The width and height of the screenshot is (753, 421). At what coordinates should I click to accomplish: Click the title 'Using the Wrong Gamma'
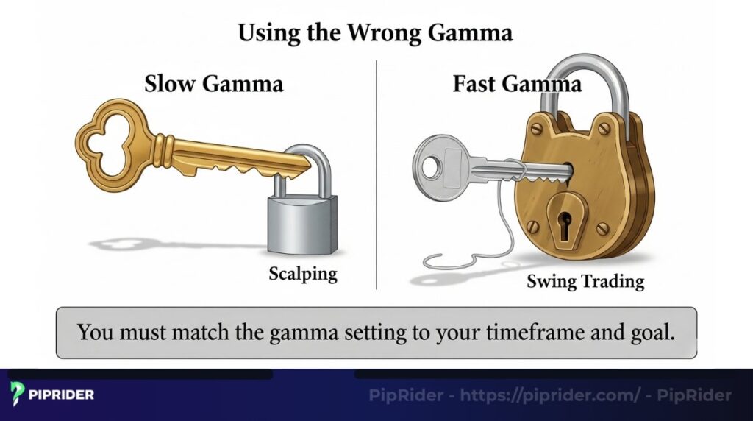[x=375, y=33]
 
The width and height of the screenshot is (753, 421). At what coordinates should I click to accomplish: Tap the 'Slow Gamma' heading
[x=213, y=83]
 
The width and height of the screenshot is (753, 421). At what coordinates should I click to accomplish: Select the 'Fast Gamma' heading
[x=516, y=83]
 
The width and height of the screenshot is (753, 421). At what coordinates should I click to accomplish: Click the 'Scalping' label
[x=302, y=275]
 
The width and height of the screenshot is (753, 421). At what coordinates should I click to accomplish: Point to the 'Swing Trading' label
[x=585, y=281]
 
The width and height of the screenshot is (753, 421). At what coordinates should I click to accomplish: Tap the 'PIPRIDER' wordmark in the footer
[x=62, y=395]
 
